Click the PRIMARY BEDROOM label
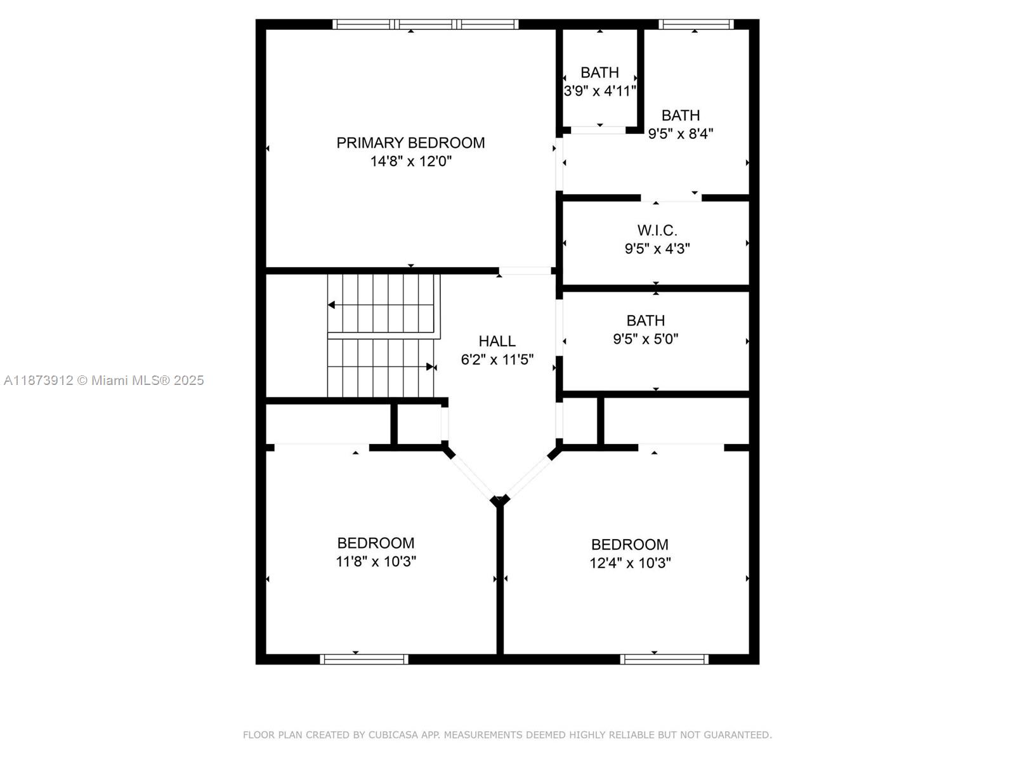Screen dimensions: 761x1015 410,143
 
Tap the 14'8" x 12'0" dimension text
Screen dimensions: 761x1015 410,161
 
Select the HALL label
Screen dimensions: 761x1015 497,341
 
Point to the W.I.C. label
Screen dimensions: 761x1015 657,230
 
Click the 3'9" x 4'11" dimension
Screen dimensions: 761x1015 599,91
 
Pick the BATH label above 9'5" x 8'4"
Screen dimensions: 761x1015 680,115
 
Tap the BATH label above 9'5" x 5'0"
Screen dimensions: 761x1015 645,321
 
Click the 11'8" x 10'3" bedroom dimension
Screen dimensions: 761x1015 376,561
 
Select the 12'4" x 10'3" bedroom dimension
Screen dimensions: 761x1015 630,563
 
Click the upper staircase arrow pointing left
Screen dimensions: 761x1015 331,305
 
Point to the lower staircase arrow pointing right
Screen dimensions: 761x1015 431,367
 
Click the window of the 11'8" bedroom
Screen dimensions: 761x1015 363,660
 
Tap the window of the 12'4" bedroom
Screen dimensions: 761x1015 664,660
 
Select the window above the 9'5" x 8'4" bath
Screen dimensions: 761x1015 695,25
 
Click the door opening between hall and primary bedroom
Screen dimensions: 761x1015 524,271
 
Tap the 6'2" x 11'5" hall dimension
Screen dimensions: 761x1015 497,360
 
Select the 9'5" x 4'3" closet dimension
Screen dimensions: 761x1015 657,249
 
